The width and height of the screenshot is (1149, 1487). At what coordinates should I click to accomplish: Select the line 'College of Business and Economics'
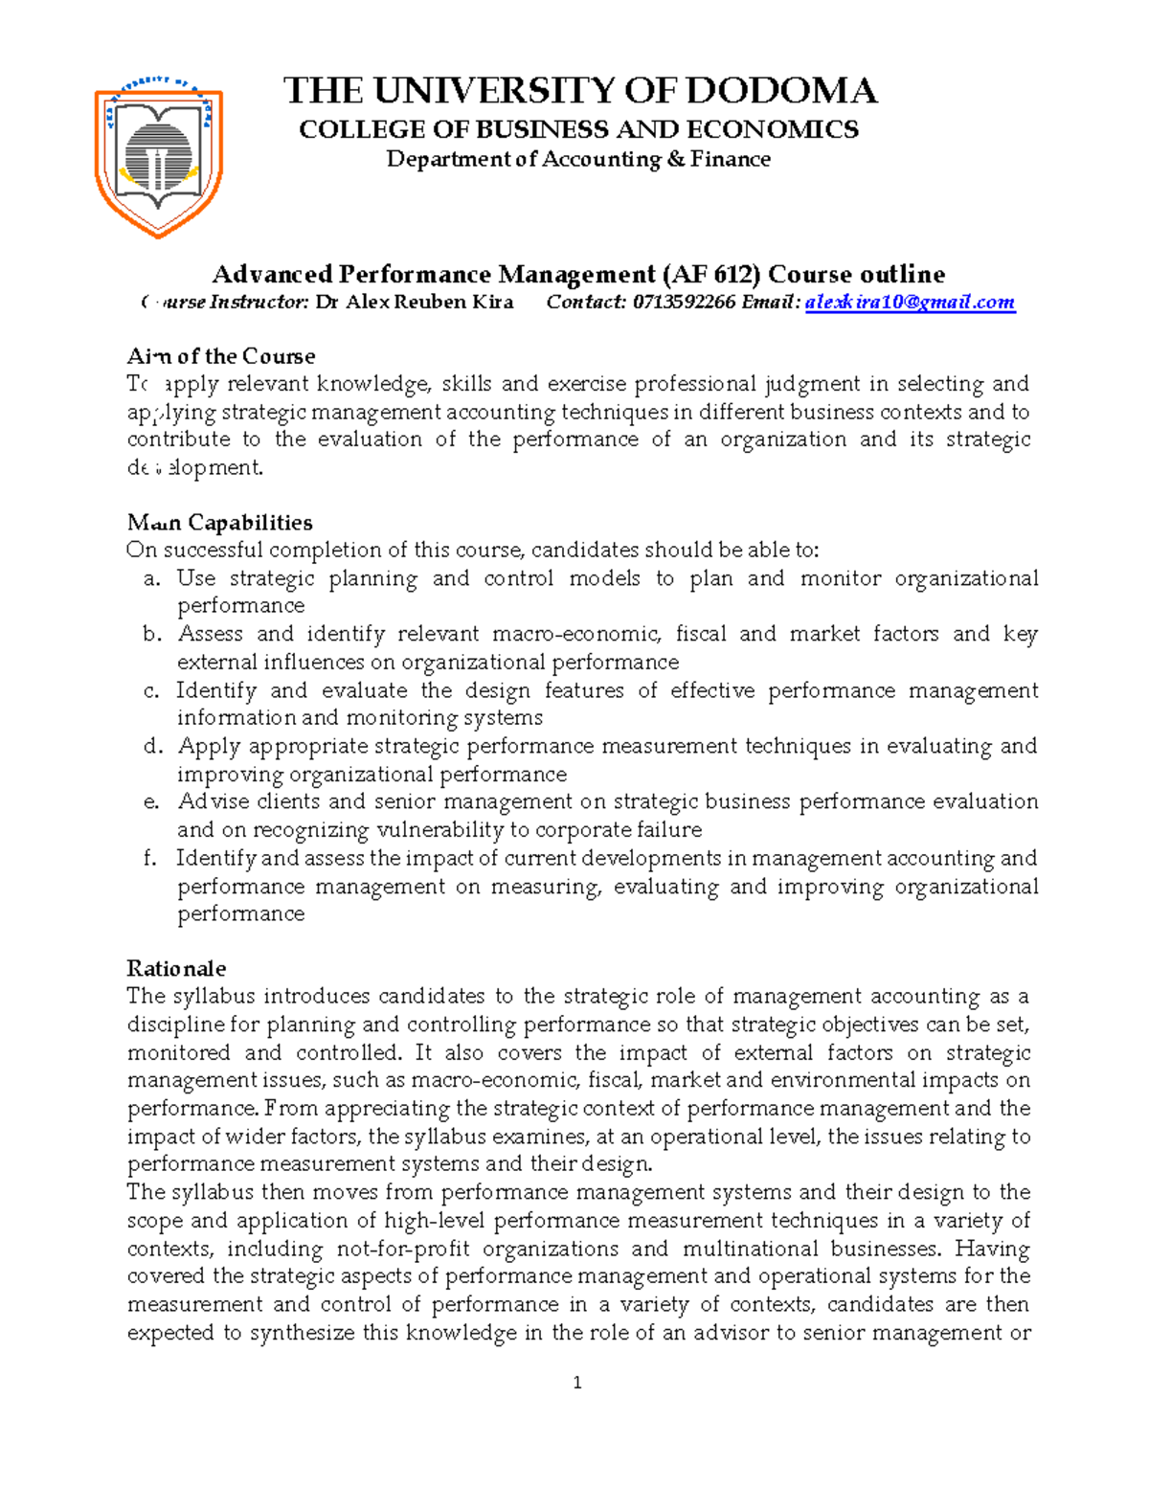pyautogui.click(x=578, y=129)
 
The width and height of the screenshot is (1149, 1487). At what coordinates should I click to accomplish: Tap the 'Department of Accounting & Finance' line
pyautogui.click(x=578, y=159)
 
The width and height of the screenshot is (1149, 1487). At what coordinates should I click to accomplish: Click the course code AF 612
pyautogui.click(x=710, y=275)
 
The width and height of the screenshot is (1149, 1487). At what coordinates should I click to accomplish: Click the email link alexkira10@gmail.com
pyautogui.click(x=910, y=303)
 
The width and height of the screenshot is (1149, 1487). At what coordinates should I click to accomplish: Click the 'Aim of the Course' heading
pyautogui.click(x=221, y=356)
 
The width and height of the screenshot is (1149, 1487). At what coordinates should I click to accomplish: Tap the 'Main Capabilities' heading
pyautogui.click(x=220, y=523)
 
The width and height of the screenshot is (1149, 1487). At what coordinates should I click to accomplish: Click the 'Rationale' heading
pyautogui.click(x=176, y=968)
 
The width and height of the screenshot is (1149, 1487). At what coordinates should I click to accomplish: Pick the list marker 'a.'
pyautogui.click(x=151, y=579)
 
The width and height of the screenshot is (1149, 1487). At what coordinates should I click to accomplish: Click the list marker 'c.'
pyautogui.click(x=151, y=691)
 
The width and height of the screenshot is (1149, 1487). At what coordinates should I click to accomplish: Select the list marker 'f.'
pyautogui.click(x=150, y=859)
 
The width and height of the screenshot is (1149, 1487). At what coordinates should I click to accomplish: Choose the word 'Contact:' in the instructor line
pyautogui.click(x=586, y=303)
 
